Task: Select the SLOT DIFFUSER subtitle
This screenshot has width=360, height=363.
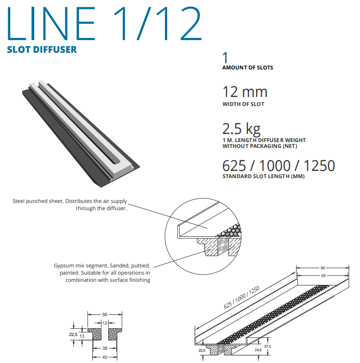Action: [x=42, y=49]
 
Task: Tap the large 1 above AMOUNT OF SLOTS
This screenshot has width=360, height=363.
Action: [x=226, y=58]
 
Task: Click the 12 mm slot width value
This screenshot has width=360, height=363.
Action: [x=245, y=92]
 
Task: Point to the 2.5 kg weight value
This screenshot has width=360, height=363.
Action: [x=241, y=129]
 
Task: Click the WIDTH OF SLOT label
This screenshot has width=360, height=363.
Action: [x=243, y=104]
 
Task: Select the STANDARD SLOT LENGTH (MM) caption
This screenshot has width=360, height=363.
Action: [x=264, y=176]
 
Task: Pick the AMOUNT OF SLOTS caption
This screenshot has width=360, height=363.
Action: [x=247, y=68]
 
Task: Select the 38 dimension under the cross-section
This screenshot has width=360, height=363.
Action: [x=105, y=349]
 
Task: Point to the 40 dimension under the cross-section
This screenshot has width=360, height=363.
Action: [x=105, y=357]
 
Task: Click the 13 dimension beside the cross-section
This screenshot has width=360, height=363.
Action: [x=82, y=336]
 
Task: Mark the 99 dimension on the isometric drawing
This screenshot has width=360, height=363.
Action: [x=322, y=268]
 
